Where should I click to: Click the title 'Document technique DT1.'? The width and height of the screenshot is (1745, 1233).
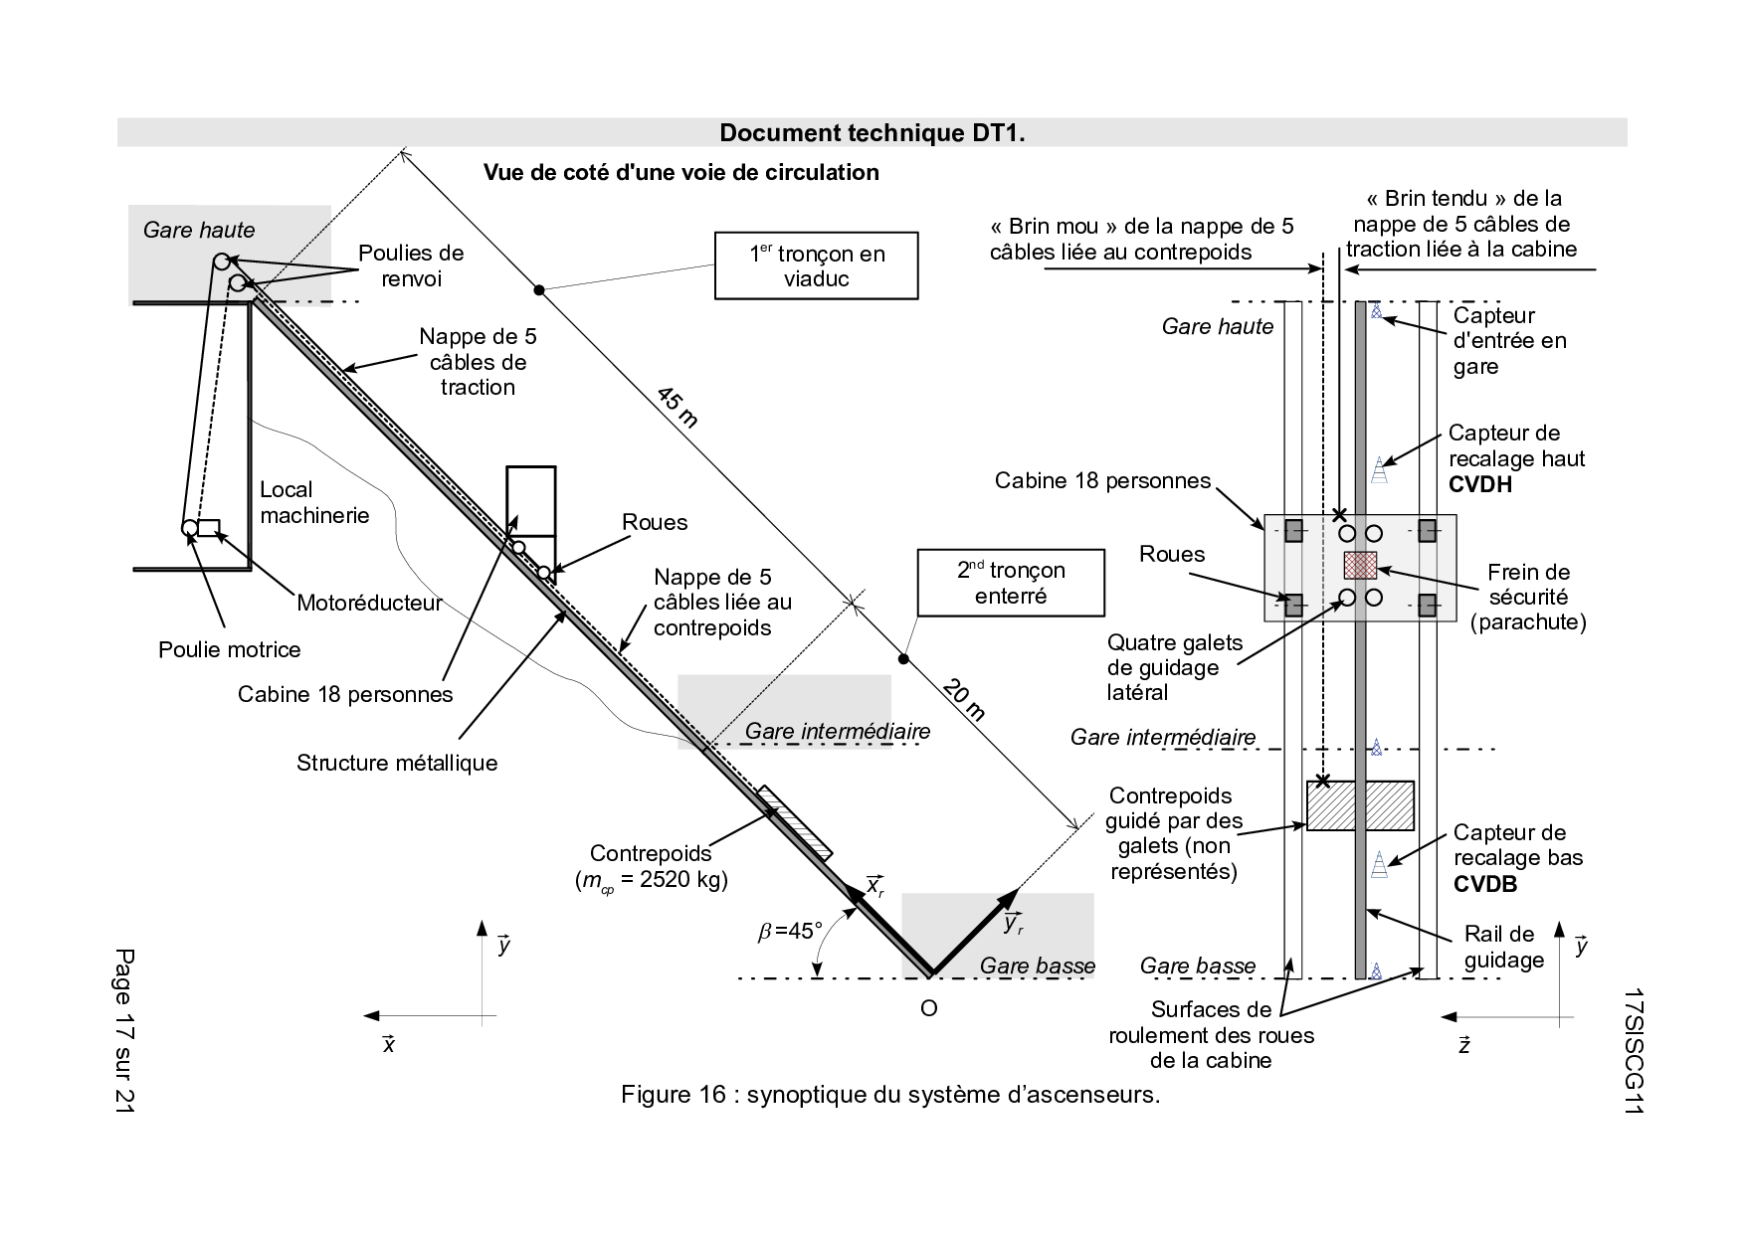(872, 133)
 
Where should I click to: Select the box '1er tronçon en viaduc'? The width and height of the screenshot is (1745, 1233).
(816, 265)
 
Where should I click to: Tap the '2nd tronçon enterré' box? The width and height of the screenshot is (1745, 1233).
(1011, 583)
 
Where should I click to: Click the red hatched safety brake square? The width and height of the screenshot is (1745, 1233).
(1360, 565)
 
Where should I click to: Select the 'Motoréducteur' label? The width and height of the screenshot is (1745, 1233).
(369, 603)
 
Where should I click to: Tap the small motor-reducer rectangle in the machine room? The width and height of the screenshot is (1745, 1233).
(208, 527)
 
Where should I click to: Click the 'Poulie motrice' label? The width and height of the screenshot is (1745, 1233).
(230, 650)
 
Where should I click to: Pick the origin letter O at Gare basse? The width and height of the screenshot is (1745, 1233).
(928, 1008)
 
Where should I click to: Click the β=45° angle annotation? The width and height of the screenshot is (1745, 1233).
(790, 931)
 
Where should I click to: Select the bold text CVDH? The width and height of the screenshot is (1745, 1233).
(1480, 484)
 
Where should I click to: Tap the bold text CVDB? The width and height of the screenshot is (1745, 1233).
(1485, 884)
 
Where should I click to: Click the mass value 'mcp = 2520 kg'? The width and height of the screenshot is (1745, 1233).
(651, 880)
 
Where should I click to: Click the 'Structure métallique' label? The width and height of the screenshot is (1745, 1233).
(397, 763)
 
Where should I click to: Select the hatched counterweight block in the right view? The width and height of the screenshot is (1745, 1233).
(1360, 805)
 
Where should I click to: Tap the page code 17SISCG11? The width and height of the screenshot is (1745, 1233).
(1632, 1052)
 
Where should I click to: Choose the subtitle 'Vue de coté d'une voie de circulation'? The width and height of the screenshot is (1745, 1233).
(681, 172)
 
